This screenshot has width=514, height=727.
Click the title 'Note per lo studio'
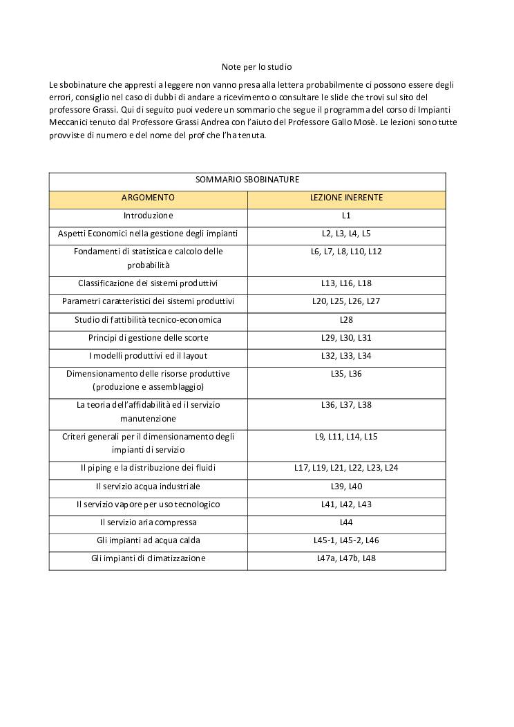(x=256, y=67)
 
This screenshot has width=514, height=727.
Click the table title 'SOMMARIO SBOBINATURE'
(x=247, y=180)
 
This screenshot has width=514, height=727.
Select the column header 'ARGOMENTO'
(x=148, y=198)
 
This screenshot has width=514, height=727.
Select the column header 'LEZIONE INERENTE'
(x=346, y=198)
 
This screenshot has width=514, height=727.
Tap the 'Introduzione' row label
(x=148, y=216)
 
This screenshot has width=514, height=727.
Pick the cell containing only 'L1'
(x=346, y=216)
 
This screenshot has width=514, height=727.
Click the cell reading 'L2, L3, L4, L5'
(x=346, y=234)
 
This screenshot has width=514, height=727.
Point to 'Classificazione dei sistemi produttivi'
(x=148, y=283)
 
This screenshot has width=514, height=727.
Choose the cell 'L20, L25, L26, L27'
(x=346, y=301)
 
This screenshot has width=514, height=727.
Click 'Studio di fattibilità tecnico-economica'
(x=148, y=320)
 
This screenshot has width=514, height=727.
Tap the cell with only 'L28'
(x=346, y=320)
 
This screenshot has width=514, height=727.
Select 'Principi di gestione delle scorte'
(x=148, y=338)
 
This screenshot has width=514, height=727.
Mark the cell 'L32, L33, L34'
(x=346, y=356)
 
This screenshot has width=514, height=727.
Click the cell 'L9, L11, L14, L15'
(x=346, y=437)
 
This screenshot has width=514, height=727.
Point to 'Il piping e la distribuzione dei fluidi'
(x=148, y=468)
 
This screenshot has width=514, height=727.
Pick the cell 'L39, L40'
(x=346, y=487)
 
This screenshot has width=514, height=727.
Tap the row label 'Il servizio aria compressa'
(x=148, y=522)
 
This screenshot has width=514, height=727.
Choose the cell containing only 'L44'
(x=346, y=522)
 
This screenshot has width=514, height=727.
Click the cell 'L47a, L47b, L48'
(x=346, y=558)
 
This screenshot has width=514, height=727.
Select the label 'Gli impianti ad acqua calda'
(x=148, y=540)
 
